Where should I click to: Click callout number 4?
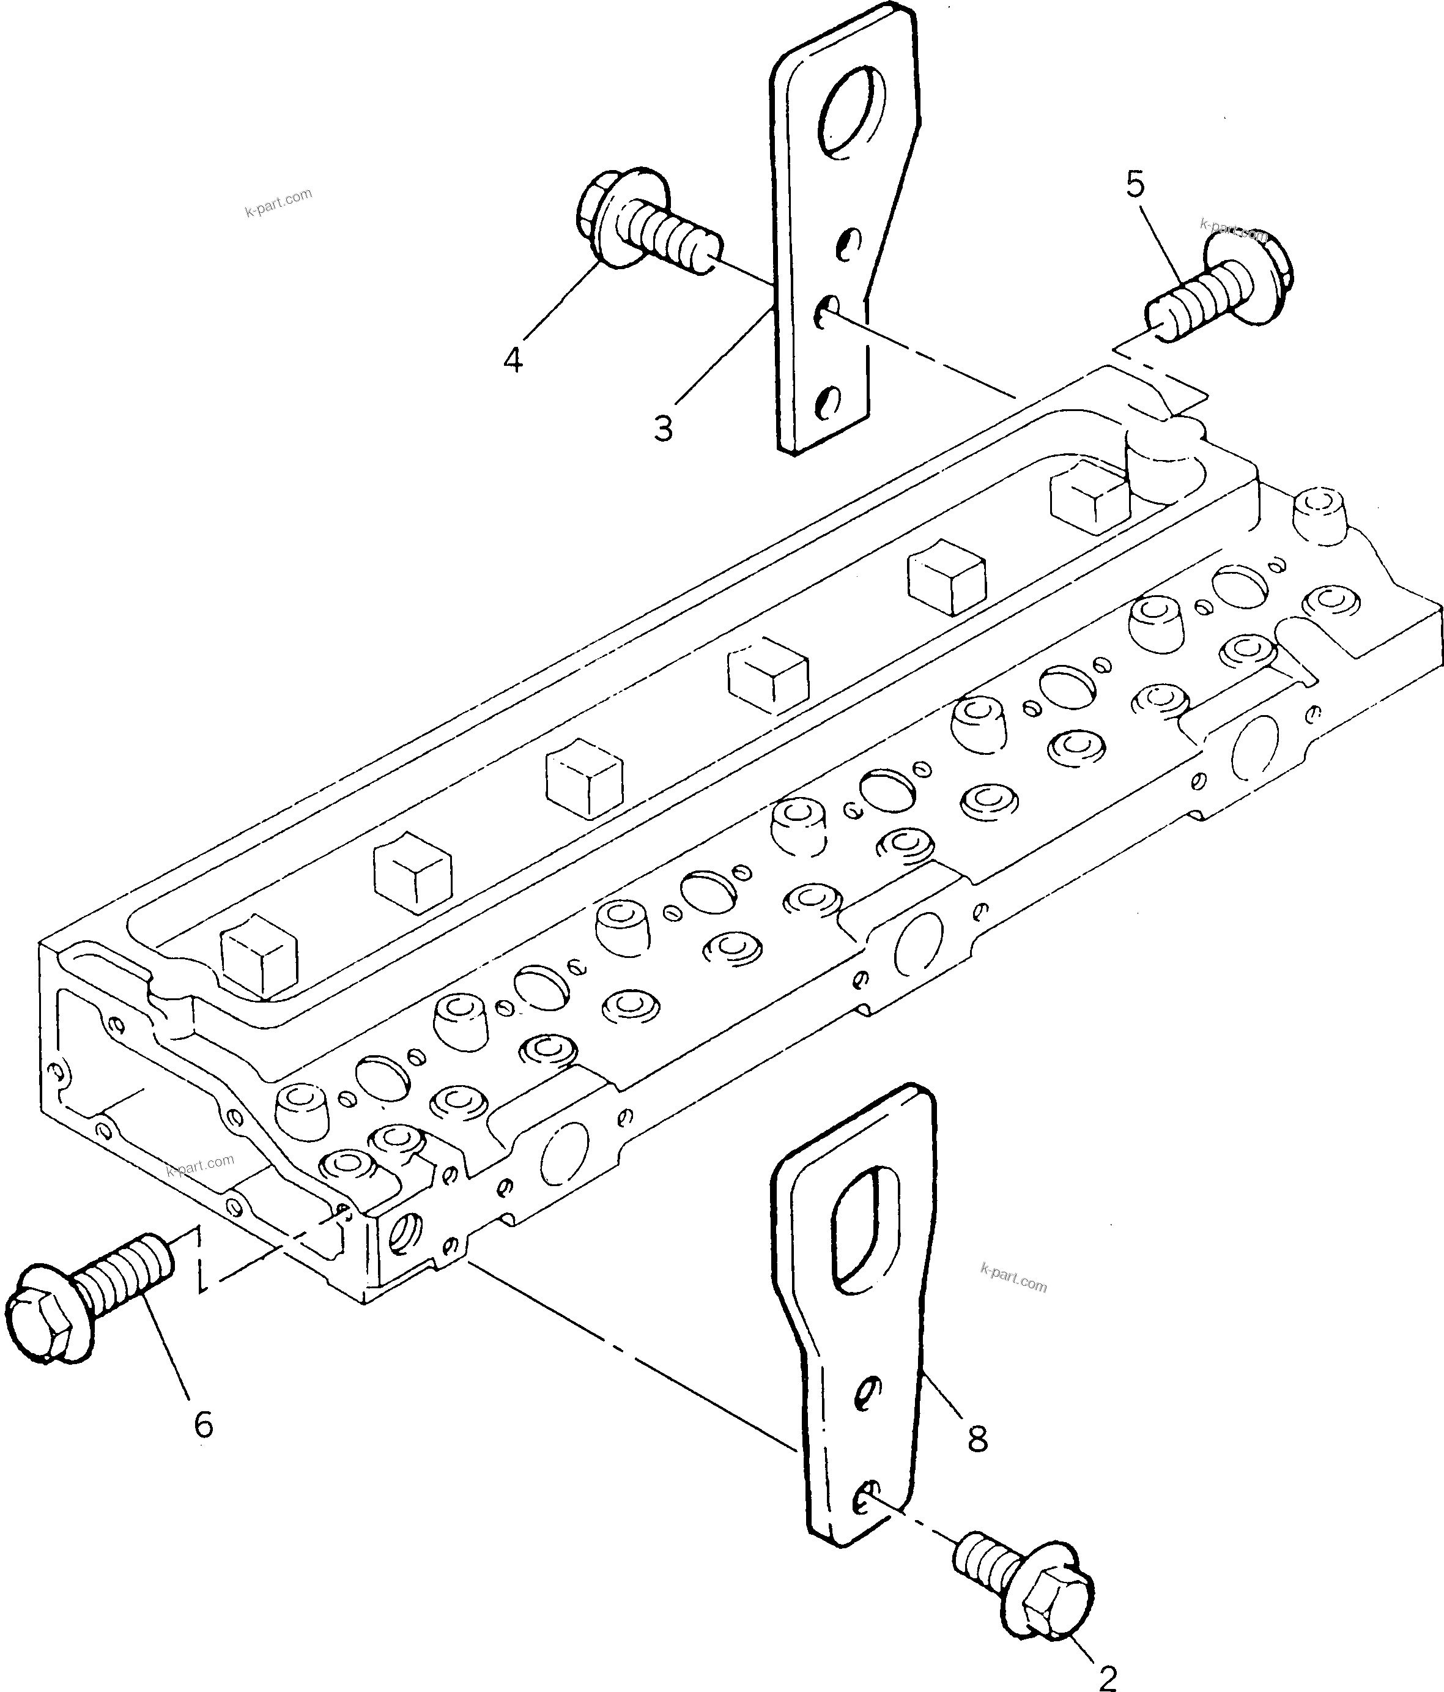point(513,359)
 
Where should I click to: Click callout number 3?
point(663,428)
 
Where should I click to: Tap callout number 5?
point(1135,185)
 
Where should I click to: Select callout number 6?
point(203,1425)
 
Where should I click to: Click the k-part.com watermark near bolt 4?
point(278,202)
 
